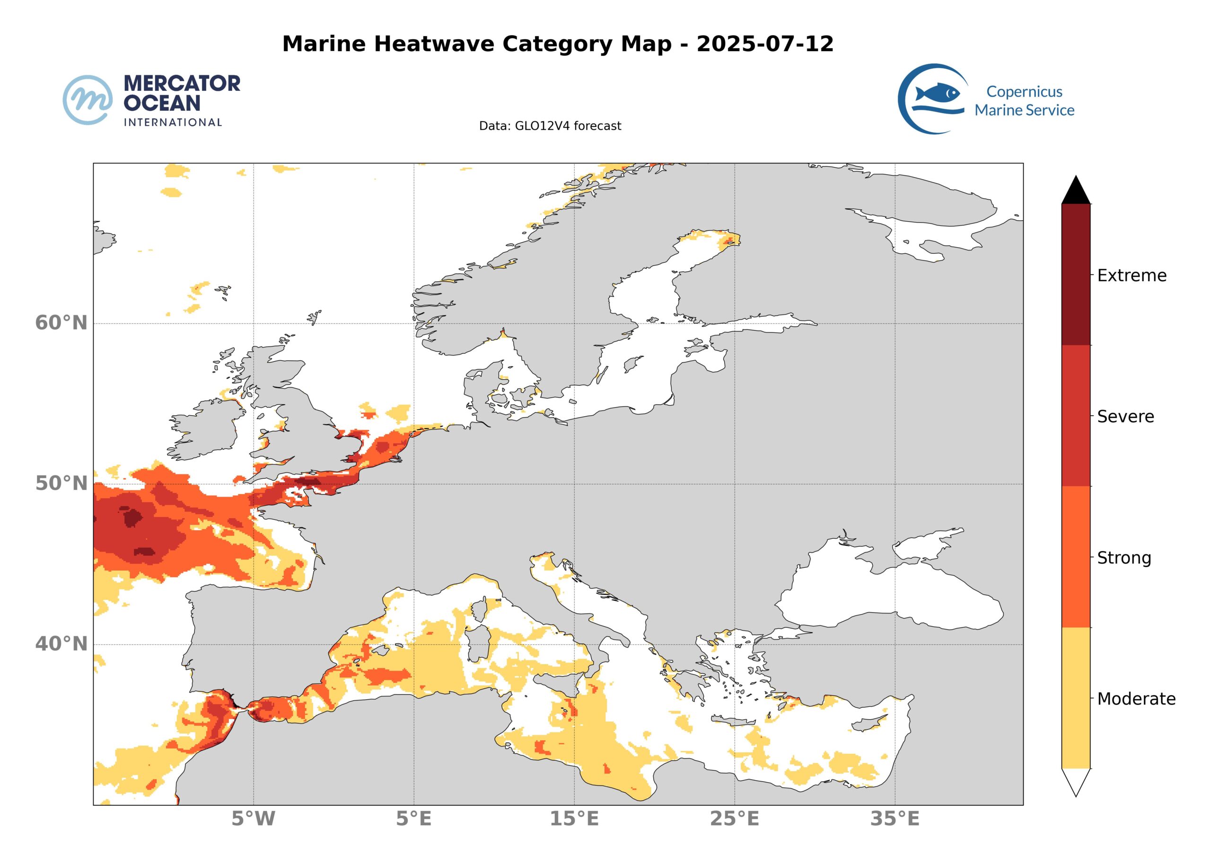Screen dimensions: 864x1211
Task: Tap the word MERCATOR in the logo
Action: tap(182, 83)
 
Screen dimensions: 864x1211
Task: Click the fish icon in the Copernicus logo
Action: tap(938, 94)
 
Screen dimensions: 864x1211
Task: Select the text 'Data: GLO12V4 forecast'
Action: tap(550, 126)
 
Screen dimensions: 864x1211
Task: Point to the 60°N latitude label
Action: tap(61, 323)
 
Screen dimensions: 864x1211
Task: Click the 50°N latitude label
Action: tap(61, 484)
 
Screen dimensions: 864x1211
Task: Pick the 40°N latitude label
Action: tap(61, 644)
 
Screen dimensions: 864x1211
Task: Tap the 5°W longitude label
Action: tap(253, 819)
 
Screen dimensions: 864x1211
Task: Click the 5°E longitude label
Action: tap(413, 819)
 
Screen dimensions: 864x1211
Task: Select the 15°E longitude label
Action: tap(574, 819)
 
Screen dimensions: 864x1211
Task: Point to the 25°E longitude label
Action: tap(735, 819)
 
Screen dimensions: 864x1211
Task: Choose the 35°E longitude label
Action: tap(895, 819)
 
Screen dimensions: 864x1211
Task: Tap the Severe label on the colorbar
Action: tap(1125, 417)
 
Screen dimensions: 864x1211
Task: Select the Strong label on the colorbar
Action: tap(1124, 558)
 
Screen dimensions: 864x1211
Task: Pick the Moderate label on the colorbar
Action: tap(1136, 699)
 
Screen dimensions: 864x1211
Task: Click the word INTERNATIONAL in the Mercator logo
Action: tap(173, 122)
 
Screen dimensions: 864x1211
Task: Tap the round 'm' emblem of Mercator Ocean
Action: tap(88, 100)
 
